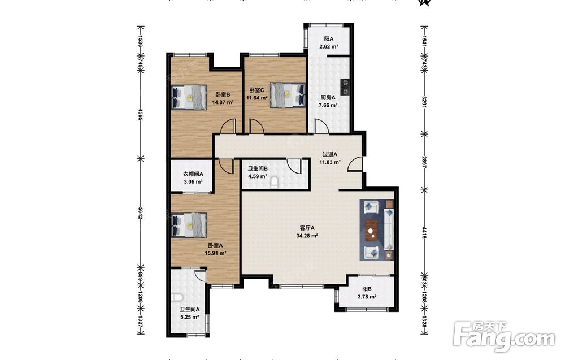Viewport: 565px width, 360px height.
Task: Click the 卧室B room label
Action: point(223,95)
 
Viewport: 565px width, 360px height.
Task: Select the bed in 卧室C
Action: point(287,95)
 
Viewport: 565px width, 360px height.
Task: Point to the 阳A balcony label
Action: point(328,39)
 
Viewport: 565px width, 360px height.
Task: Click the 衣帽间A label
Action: point(193,174)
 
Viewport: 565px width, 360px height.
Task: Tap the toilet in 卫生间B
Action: point(275,183)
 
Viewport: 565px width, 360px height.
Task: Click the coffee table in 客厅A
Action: point(371,229)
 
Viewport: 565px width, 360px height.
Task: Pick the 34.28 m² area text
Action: point(307,236)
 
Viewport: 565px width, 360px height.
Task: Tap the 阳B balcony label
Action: point(367,289)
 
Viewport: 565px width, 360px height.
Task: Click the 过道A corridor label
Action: point(330,154)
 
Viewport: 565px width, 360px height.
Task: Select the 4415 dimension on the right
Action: point(424,233)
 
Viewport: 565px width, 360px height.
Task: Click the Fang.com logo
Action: point(505,337)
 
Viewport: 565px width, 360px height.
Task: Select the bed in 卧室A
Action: point(189,225)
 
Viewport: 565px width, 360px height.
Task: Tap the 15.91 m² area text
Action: point(215,253)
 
